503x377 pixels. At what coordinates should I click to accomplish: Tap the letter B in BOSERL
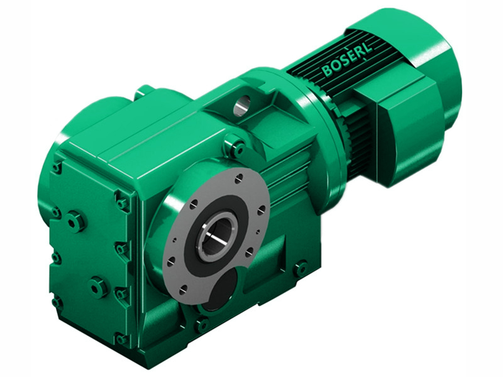pos(327,70)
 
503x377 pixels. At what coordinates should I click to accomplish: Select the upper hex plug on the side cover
pos(75,221)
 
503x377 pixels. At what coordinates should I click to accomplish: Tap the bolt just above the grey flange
pos(237,148)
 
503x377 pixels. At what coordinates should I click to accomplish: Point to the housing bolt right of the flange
pos(301,268)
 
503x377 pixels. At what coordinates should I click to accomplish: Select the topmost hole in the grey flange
pos(238,180)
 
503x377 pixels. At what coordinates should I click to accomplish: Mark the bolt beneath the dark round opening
pos(201,325)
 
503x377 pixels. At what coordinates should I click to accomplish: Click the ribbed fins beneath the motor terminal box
pos(358,148)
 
